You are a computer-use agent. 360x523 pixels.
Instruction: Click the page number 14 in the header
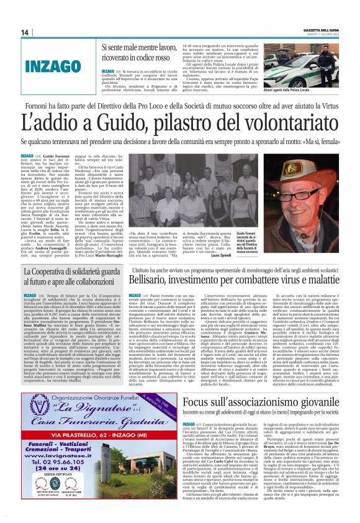pyautogui.click(x=24, y=32)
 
